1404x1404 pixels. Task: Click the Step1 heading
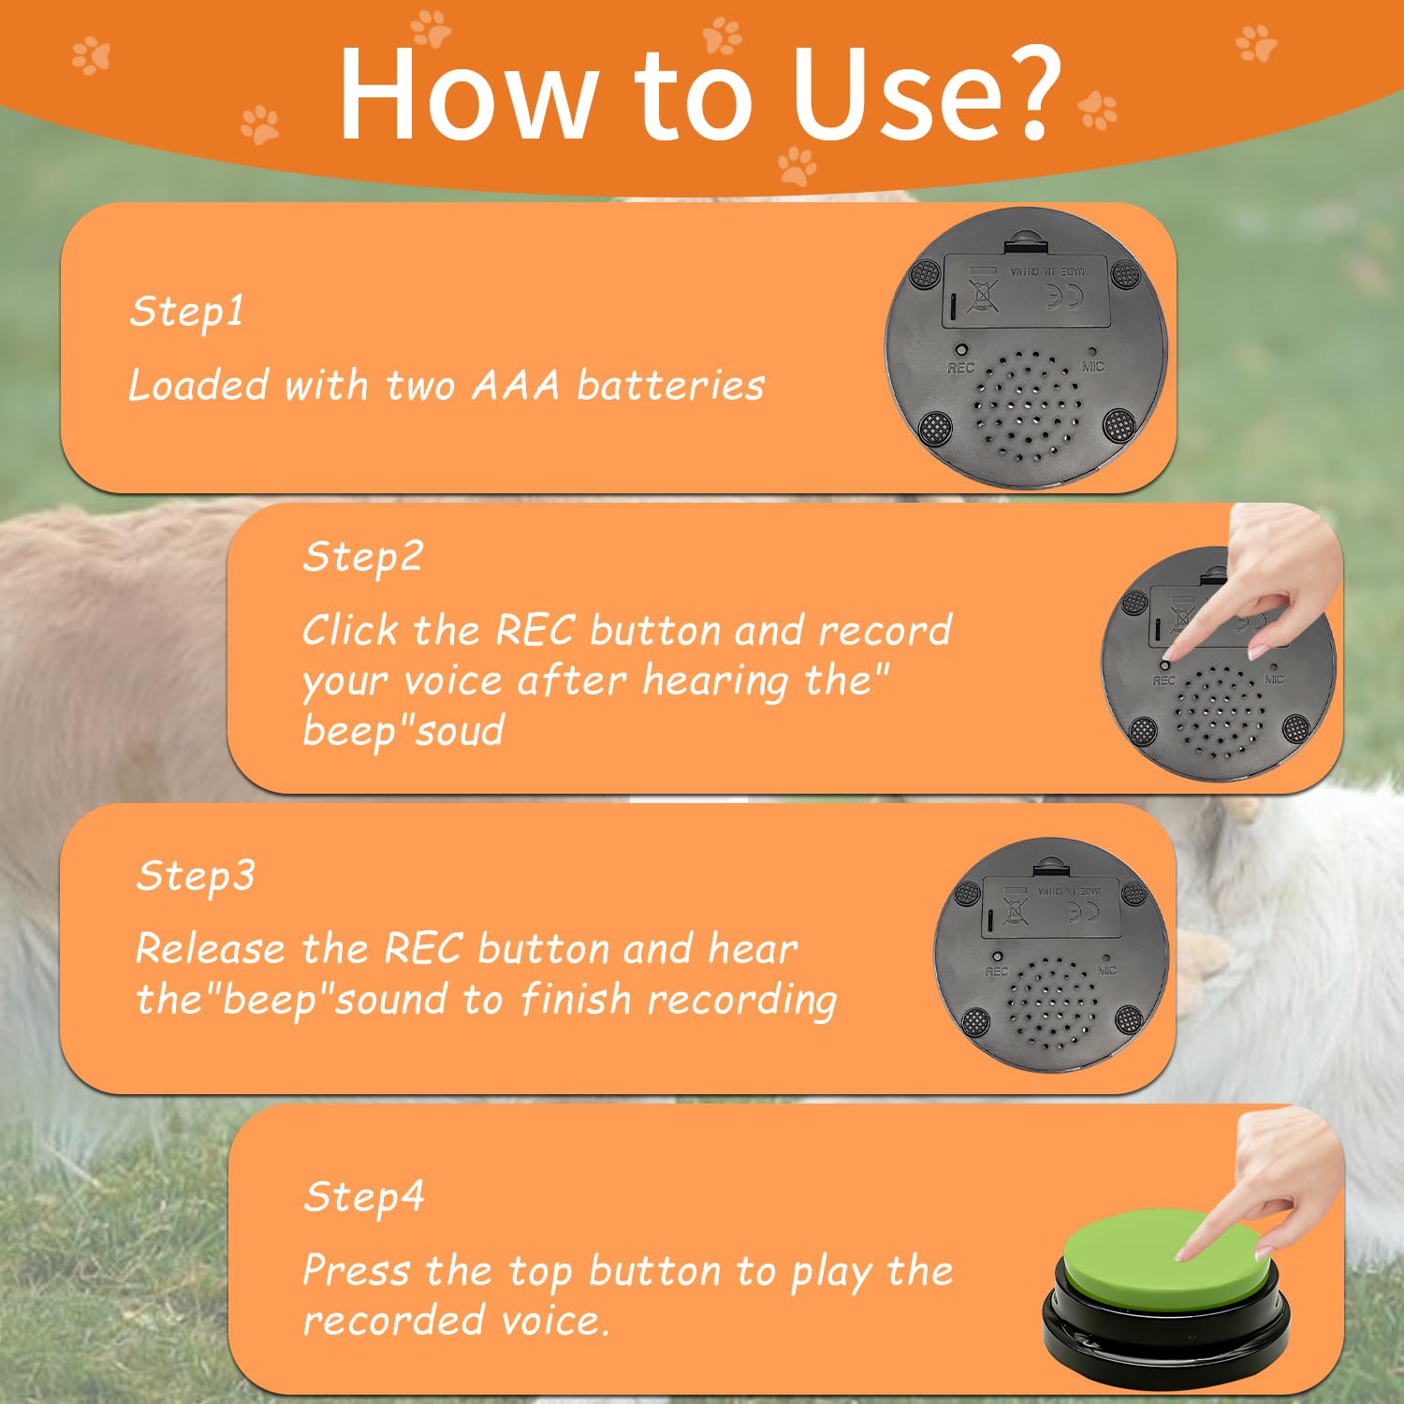(187, 312)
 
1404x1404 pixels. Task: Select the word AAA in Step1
(516, 386)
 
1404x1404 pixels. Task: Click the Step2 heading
(363, 557)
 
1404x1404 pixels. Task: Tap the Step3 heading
(195, 877)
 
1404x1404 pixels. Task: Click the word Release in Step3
(211, 949)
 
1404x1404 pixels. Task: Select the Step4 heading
(364, 1197)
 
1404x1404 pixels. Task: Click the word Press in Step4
(357, 1272)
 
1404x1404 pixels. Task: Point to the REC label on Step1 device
(960, 368)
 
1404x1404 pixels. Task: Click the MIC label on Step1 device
(1092, 367)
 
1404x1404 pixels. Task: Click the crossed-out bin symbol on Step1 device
(982, 296)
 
